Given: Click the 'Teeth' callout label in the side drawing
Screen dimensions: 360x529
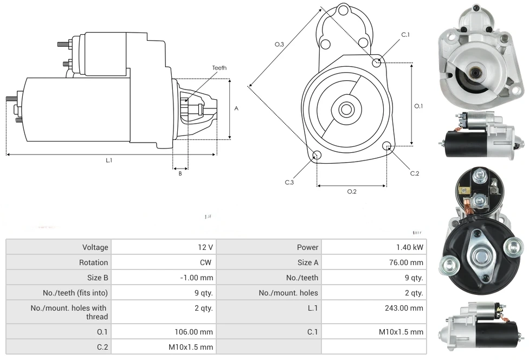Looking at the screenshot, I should pyautogui.click(x=219, y=68).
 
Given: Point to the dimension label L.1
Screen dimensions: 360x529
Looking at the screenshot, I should pyautogui.click(x=109, y=160).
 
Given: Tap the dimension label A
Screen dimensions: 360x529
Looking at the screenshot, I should pyautogui.click(x=236, y=108).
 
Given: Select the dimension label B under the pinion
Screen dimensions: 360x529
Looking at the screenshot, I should pyautogui.click(x=180, y=173).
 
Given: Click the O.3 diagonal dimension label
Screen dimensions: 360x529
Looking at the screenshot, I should pyautogui.click(x=279, y=44).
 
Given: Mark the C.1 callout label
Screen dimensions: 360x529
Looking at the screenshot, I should pyautogui.click(x=405, y=35).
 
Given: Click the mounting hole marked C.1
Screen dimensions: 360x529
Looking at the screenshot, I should pyautogui.click(x=377, y=62).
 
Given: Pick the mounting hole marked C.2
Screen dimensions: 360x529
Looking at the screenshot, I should pyautogui.click(x=387, y=146).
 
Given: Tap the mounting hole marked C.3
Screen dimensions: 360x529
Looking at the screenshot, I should pyautogui.click(x=317, y=156).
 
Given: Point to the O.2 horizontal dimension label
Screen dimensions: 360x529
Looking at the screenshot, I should pyautogui.click(x=352, y=191).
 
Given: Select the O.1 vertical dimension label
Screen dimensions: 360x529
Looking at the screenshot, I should pyautogui.click(x=418, y=106).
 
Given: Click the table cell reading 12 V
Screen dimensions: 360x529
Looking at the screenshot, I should pyautogui.click(x=205, y=247).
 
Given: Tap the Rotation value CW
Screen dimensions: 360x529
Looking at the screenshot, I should pyautogui.click(x=207, y=262).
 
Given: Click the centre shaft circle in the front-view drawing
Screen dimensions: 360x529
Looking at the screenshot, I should pyautogui.click(x=346, y=110).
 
